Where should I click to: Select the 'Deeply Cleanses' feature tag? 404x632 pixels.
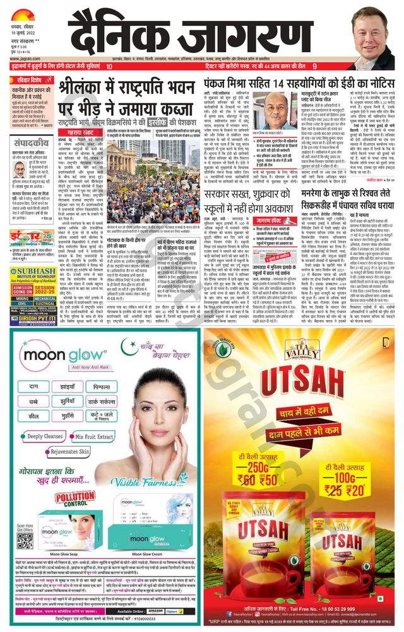click(x=44, y=435)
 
